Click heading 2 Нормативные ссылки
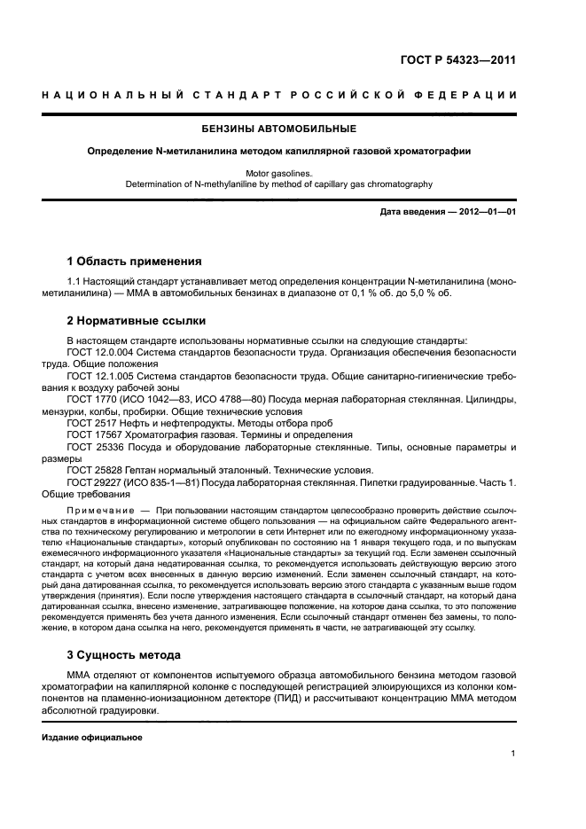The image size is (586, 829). (x=137, y=320)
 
